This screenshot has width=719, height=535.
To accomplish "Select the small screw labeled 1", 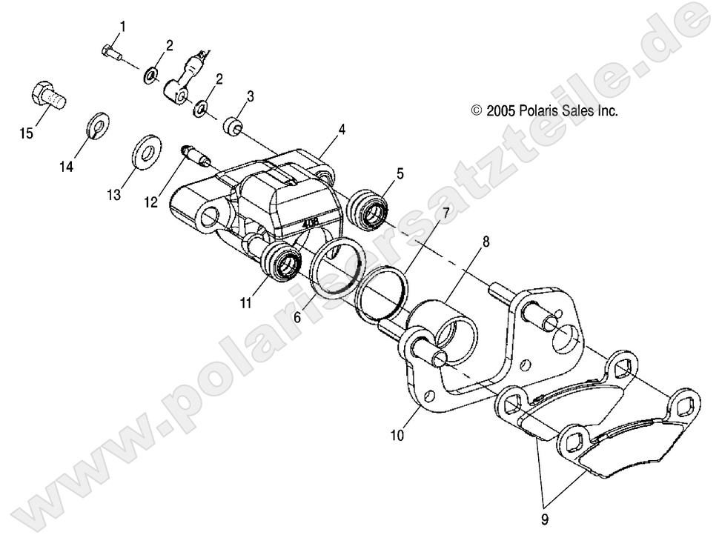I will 110,52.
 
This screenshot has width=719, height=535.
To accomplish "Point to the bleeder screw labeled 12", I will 195,156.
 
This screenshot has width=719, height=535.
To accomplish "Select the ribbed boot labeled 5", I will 367,207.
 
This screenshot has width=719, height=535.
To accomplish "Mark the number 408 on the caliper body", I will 311,220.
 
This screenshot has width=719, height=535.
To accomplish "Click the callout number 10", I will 397,436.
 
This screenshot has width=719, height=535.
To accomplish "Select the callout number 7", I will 446,214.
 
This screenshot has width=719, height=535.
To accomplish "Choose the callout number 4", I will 342,129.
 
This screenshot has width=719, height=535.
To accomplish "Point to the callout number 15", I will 27,134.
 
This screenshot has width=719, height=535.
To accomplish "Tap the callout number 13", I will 113,195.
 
